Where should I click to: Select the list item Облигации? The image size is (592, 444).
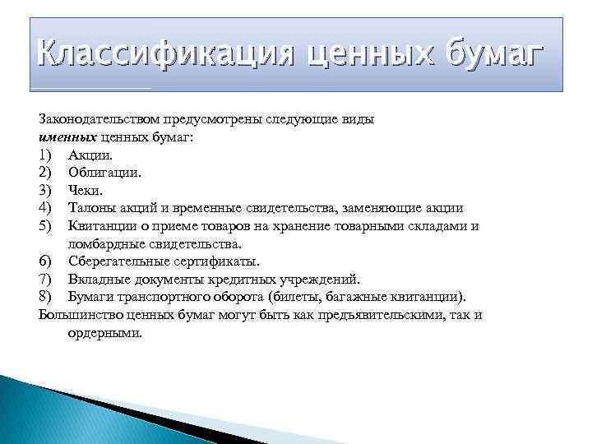[x=104, y=173]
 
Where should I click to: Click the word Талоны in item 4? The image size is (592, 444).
[x=91, y=208]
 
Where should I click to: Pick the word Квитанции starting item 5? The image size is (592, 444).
[x=101, y=226]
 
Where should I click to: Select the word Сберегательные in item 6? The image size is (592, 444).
[x=119, y=261]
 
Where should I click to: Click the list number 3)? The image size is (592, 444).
[x=46, y=190]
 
